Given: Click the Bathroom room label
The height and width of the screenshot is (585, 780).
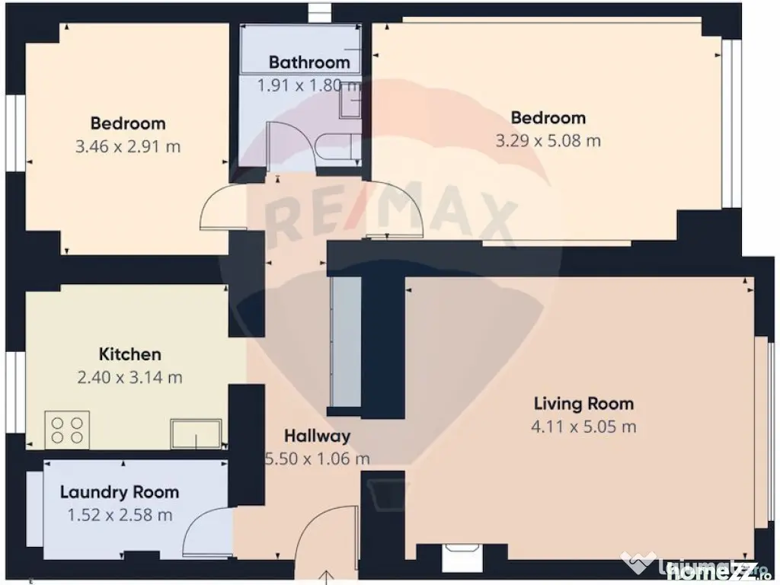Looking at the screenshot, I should click(x=309, y=62).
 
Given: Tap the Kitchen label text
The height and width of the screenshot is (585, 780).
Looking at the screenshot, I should click(x=130, y=354).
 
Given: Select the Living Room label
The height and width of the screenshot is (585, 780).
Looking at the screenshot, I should click(x=583, y=404).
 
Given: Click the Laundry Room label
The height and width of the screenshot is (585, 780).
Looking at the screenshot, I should click(x=120, y=492).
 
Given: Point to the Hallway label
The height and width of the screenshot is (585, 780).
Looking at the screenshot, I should click(x=317, y=436).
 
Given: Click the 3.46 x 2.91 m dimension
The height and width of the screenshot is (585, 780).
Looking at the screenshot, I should click(x=128, y=146).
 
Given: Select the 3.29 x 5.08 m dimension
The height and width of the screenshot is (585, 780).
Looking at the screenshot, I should click(x=548, y=141).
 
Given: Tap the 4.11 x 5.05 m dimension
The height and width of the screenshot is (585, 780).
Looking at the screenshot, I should click(x=583, y=427).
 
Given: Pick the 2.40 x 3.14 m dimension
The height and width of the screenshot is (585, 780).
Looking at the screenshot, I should click(x=130, y=377).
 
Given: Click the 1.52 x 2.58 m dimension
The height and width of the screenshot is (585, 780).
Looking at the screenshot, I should click(x=120, y=515).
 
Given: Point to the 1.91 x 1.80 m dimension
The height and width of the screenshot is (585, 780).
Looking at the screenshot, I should click(x=309, y=85).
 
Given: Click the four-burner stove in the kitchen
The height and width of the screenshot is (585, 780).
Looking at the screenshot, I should click(x=67, y=429).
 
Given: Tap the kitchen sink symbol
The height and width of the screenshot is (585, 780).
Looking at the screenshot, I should click(x=196, y=433).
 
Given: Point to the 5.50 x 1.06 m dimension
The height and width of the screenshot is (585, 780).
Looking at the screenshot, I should click(x=317, y=459).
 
